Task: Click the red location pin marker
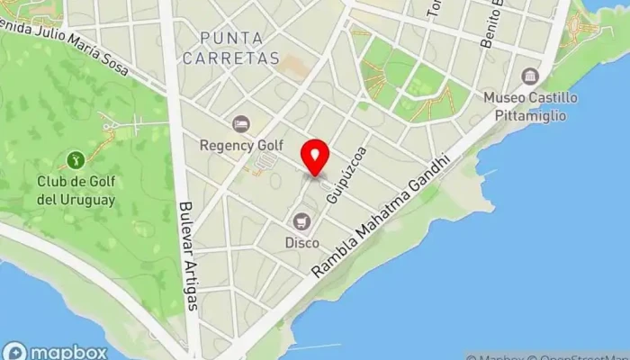[315, 157]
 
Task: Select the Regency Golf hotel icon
[240, 124]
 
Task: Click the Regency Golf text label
[241, 145]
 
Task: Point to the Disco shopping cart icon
[302, 221]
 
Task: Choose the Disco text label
[302, 242]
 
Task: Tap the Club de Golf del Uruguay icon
[76, 161]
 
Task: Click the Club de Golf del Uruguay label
[76, 191]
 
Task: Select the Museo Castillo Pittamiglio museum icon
[530, 76]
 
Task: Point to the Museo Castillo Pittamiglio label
[530, 104]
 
